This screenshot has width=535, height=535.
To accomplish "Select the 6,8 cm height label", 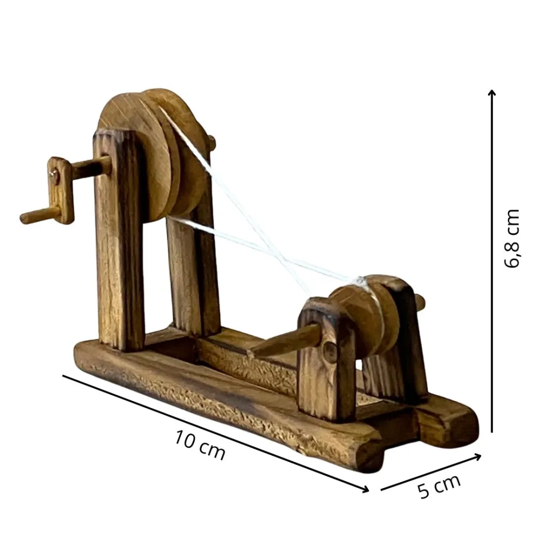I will coord(512,238).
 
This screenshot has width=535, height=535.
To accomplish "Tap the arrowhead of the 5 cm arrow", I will coord(478,456).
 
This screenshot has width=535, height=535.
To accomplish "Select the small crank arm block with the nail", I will coord(60,189).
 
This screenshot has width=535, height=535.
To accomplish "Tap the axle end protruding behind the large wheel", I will coord(212,142).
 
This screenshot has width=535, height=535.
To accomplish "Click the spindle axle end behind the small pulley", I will coord(421,302).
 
